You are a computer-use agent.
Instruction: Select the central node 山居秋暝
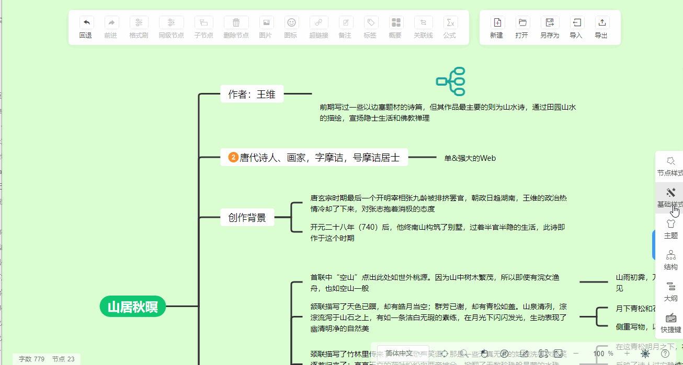click(133, 307)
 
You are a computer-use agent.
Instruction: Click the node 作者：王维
click(252, 94)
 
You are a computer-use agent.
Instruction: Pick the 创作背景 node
click(247, 217)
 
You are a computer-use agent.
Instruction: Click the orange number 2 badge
click(233, 157)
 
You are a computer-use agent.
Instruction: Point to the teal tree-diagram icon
click(451, 81)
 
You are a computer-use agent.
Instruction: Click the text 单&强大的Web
click(470, 158)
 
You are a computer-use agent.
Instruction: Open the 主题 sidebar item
click(670, 228)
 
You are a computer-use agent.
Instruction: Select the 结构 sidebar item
click(670, 260)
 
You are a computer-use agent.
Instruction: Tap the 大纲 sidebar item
click(670, 291)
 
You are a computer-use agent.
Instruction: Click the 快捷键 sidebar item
click(670, 322)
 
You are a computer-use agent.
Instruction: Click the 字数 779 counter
click(31, 359)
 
